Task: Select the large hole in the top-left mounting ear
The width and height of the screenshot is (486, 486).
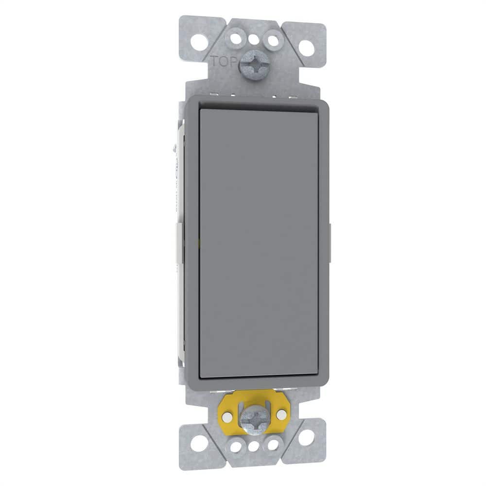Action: click(199, 42)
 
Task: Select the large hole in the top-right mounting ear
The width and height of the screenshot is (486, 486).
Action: click(306, 47)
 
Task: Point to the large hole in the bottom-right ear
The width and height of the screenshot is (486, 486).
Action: click(306, 439)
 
